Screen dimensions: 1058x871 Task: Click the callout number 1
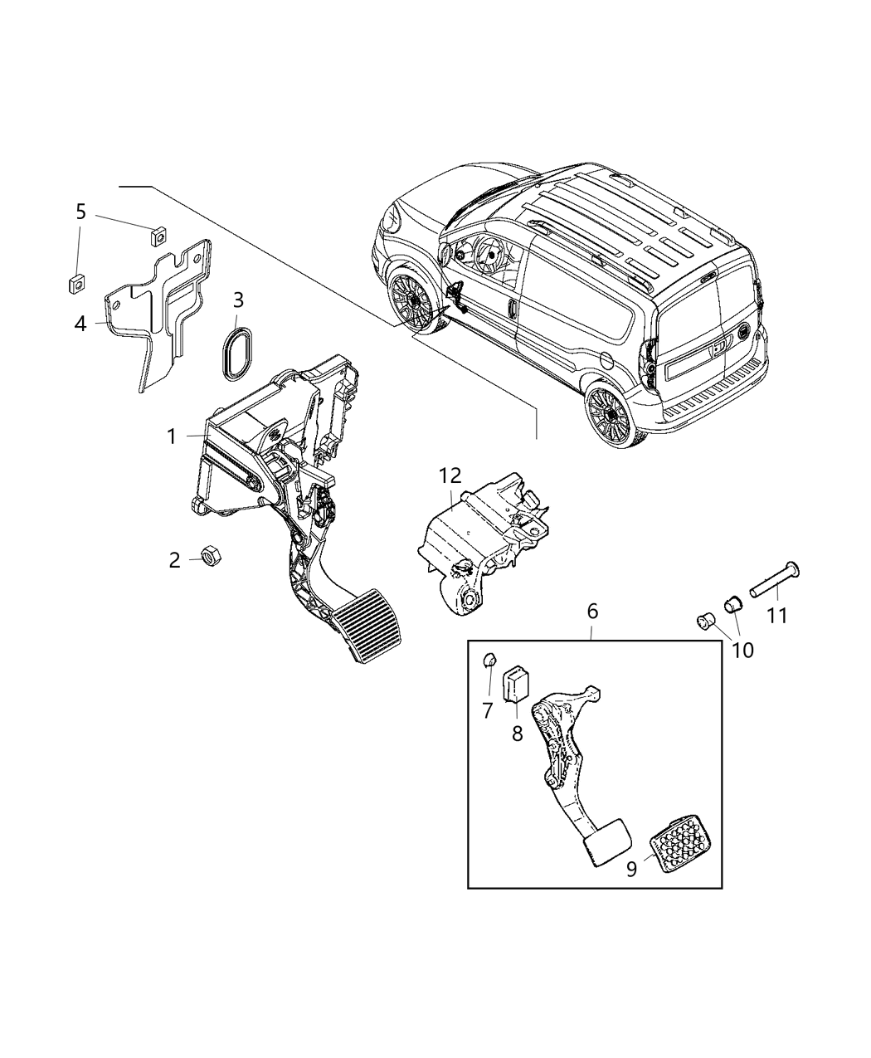point(172,436)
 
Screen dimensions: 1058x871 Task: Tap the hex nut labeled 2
point(209,554)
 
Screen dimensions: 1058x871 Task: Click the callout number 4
point(80,323)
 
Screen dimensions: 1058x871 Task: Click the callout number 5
point(81,212)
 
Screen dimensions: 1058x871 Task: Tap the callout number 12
point(450,476)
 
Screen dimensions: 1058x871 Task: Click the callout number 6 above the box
point(592,612)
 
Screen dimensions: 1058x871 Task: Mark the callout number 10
point(742,650)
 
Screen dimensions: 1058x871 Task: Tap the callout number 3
point(238,300)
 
